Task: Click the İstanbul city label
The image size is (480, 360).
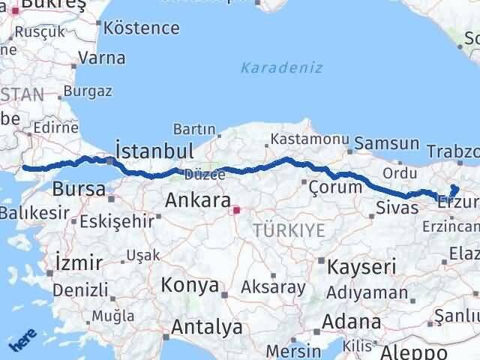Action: pos(154,149)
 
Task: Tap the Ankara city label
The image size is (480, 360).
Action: pos(197,200)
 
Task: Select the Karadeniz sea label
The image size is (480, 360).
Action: pos(282,67)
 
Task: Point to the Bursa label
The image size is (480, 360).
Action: pos(79,189)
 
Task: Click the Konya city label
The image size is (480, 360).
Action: pos(191,286)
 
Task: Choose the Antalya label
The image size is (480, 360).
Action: pos(207,327)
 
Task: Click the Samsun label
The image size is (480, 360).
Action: pos(387,142)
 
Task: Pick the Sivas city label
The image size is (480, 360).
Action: pos(397,207)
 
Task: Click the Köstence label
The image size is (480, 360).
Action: pos(142,28)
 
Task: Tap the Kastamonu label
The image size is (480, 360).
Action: pos(310,140)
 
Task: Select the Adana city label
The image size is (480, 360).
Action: pos(352,322)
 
